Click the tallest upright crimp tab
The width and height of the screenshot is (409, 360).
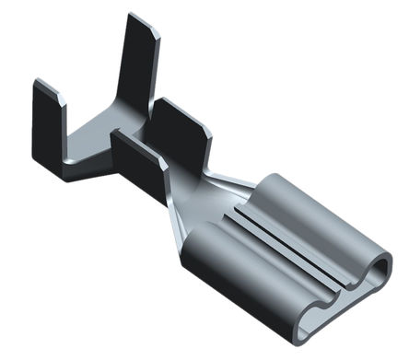coord(138,64)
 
